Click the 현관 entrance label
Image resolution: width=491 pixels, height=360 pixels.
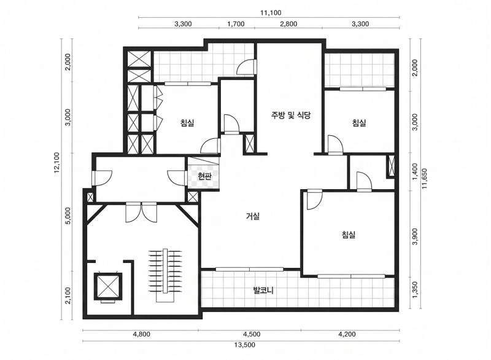[205, 176]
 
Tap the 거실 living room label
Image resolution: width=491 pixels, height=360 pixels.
[253, 216]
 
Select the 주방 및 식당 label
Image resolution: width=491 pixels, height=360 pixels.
[291, 115]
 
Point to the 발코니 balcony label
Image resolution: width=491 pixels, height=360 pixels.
[263, 291]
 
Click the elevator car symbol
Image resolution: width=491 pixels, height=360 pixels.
[108, 286]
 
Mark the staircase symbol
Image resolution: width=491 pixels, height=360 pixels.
[165, 275]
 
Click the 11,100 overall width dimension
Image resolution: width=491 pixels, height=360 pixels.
[271, 13]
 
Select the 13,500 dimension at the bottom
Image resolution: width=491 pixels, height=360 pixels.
[245, 345]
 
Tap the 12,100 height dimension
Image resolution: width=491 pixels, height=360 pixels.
[56, 163]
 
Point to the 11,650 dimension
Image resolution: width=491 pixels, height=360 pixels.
[425, 179]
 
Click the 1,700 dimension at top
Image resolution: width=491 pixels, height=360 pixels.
[236, 24]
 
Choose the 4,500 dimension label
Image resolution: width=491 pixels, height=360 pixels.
[252, 334]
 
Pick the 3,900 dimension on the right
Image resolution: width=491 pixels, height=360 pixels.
[416, 237]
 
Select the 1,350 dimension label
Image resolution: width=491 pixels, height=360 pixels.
[416, 290]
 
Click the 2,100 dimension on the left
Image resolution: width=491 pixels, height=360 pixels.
[68, 295]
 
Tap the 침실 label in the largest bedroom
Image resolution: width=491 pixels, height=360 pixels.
[349, 235]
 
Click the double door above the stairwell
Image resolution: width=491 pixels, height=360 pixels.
[141, 212]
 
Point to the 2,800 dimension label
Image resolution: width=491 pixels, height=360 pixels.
[288, 24]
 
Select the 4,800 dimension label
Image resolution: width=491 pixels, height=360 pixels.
[142, 334]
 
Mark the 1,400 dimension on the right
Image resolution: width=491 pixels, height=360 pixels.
[416, 171]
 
